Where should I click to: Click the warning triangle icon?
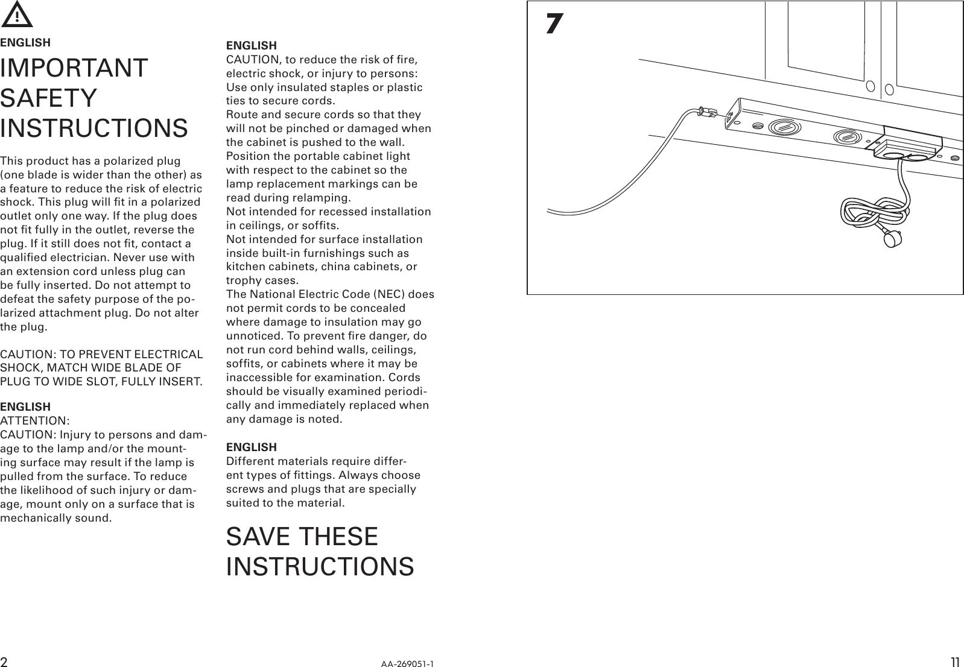(x=17, y=15)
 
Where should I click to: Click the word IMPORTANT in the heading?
(x=74, y=68)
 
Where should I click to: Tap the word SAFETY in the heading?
(x=48, y=98)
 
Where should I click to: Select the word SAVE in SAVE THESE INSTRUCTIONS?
(x=258, y=537)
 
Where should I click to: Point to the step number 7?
(x=554, y=24)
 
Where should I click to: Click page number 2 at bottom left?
(x=4, y=662)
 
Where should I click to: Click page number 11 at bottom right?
(x=955, y=662)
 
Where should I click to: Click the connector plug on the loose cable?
(x=706, y=112)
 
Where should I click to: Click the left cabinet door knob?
(x=870, y=86)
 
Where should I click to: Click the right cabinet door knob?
(x=889, y=90)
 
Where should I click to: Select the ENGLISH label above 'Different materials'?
(x=251, y=447)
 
